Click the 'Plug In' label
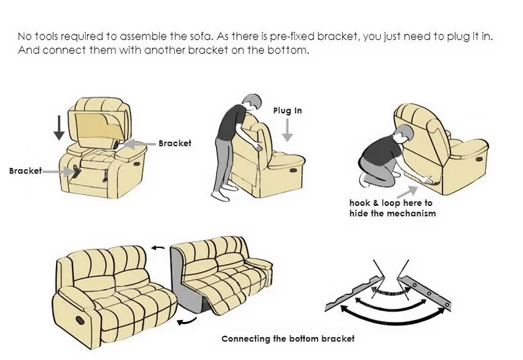pyautogui.click(x=287, y=111)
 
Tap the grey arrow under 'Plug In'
pyautogui.click(x=287, y=129)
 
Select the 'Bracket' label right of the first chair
pyautogui.click(x=175, y=144)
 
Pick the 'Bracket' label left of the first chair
pyautogui.click(x=25, y=170)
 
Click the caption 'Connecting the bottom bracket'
pyautogui.click(x=287, y=339)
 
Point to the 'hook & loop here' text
pyautogui.click(x=391, y=203)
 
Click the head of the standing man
pyautogui.click(x=251, y=102)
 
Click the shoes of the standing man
pyautogui.click(x=220, y=196)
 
